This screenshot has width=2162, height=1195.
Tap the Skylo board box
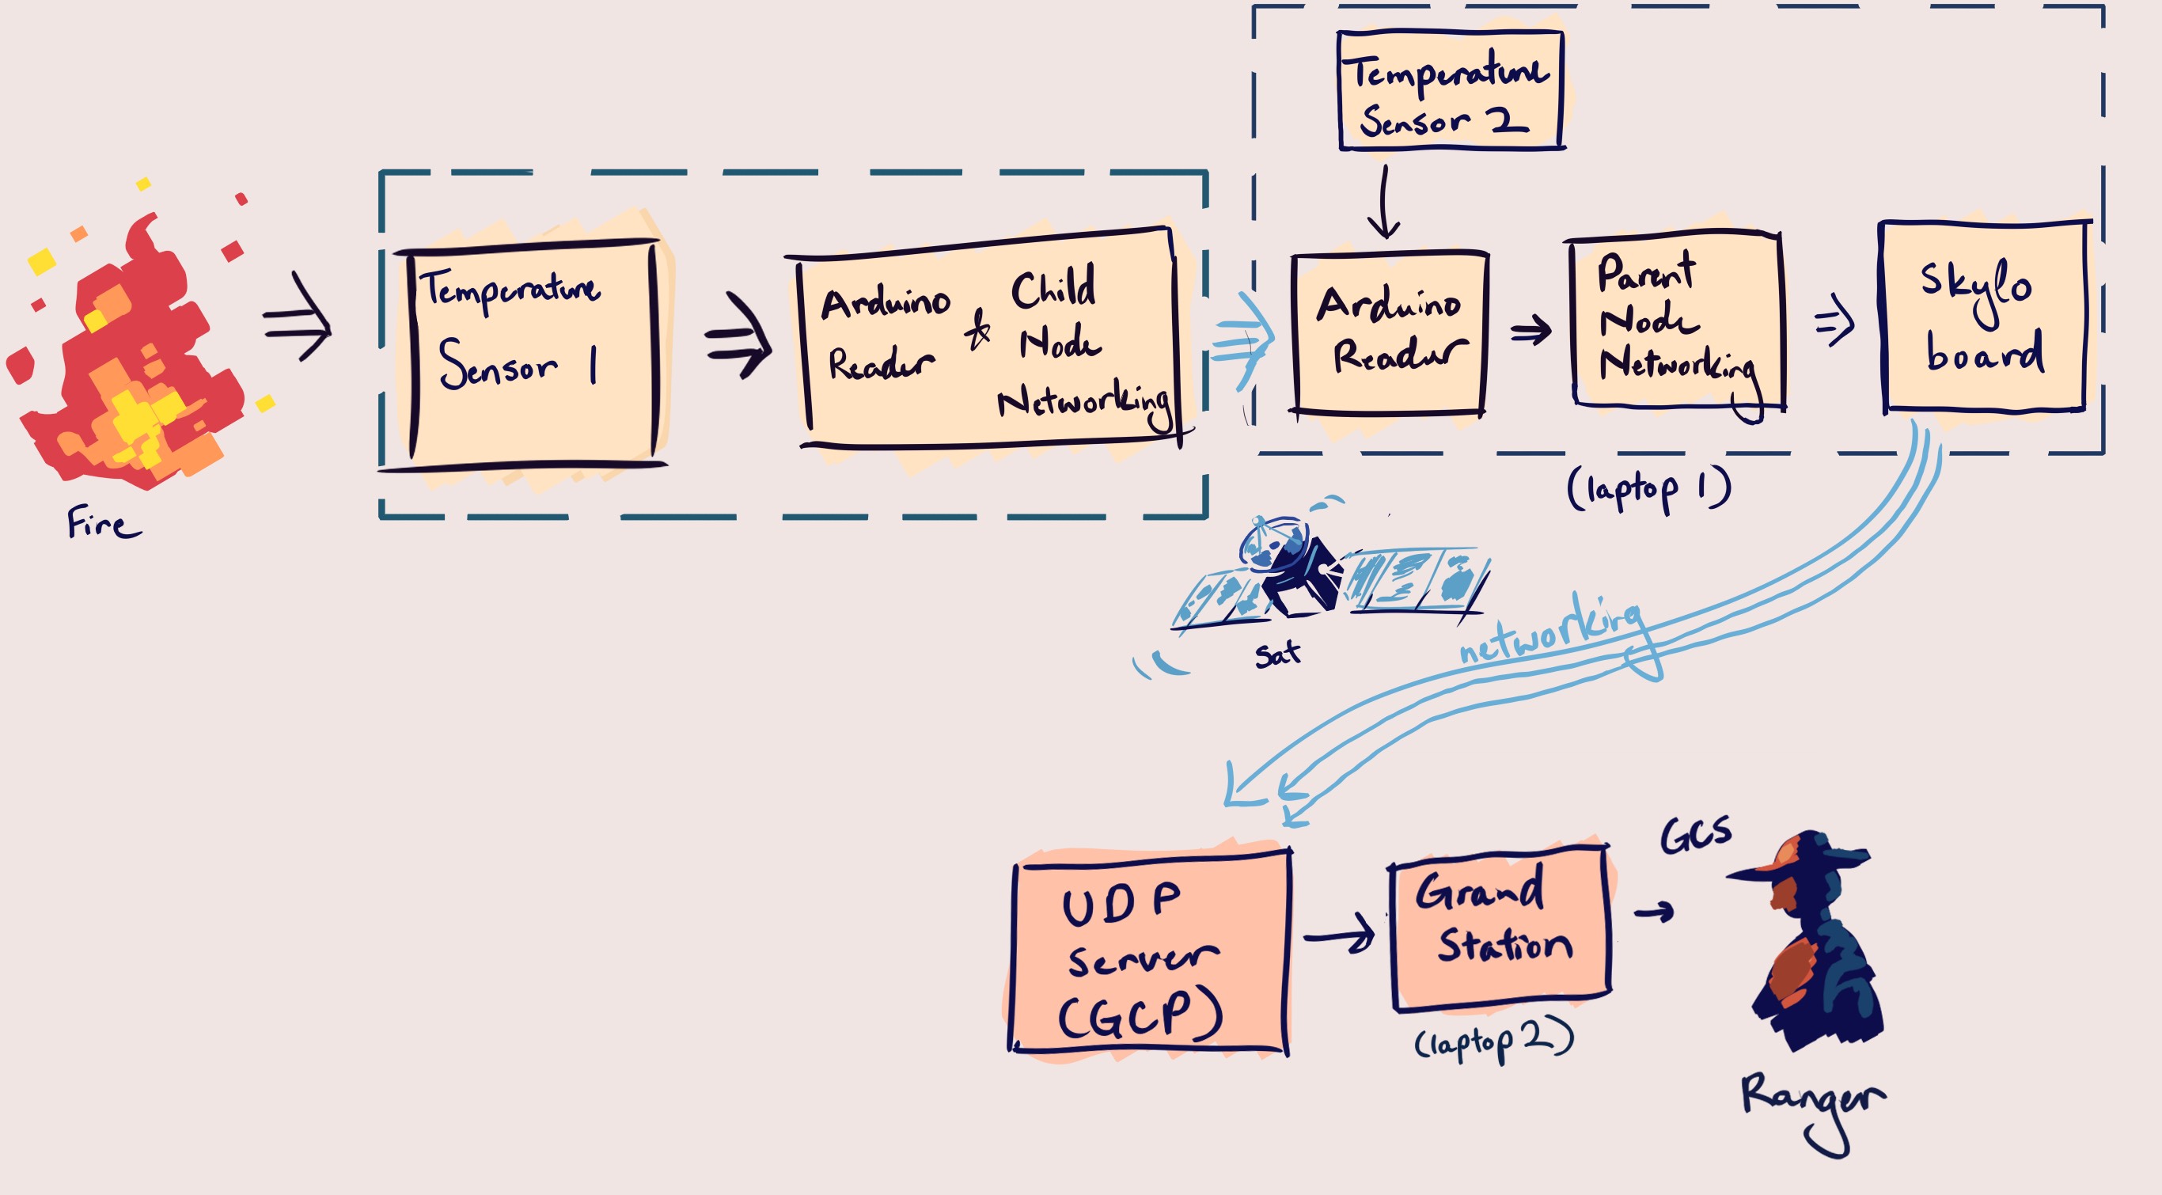pyautogui.click(x=1984, y=317)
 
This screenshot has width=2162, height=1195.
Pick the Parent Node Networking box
pyautogui.click(x=1677, y=321)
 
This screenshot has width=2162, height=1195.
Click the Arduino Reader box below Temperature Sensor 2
pyautogui.click(x=1390, y=333)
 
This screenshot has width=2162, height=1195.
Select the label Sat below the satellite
pyautogui.click(x=1277, y=654)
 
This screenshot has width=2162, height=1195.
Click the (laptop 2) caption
pyautogui.click(x=1494, y=1041)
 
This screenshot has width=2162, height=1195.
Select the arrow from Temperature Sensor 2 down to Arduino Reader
pyautogui.click(x=1383, y=201)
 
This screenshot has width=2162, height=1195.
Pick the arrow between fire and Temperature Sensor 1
pyautogui.click(x=297, y=317)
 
